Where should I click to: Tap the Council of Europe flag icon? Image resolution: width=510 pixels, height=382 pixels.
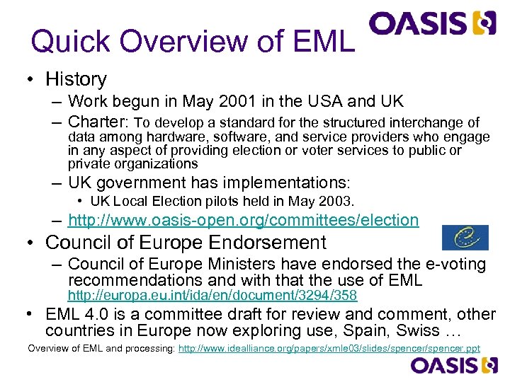pos(465,238)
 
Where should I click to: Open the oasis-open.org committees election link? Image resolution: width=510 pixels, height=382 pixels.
pos(243,220)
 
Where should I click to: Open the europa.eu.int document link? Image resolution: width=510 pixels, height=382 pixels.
pos(212,294)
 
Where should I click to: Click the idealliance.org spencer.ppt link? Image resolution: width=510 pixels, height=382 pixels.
pos(329,348)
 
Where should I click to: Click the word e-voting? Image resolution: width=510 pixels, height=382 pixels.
pos(453,265)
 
